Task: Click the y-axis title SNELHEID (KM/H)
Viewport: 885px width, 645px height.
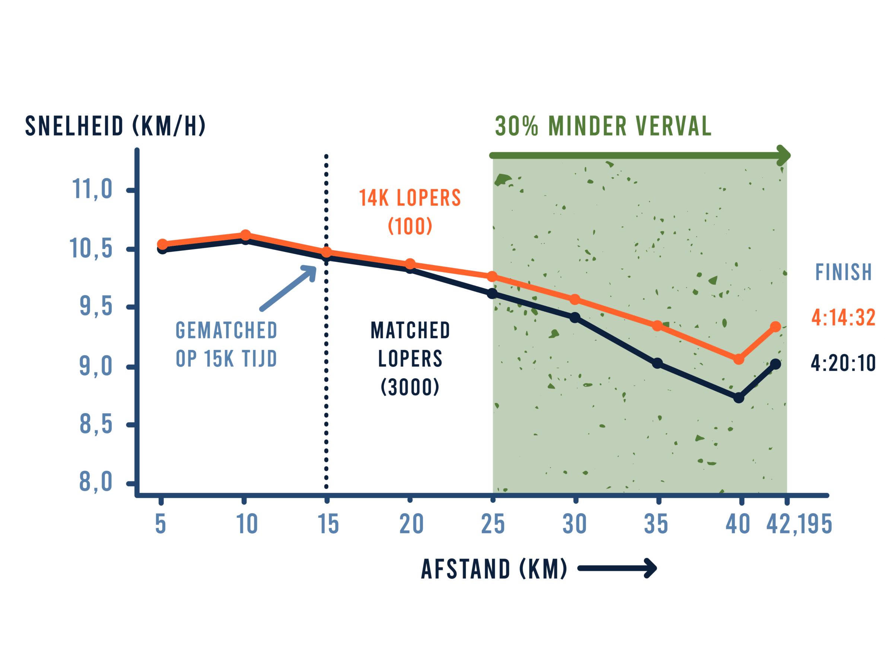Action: [x=115, y=126]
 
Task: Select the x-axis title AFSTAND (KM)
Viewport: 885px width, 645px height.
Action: [x=493, y=569]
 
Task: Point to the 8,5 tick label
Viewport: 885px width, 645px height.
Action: [x=96, y=425]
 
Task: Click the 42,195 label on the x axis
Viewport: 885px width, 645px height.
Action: [x=799, y=524]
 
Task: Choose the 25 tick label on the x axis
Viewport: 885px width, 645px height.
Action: [x=493, y=524]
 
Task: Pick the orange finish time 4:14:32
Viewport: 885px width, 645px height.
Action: [x=843, y=317]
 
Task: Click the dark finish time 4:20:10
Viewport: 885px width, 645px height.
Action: [x=843, y=363]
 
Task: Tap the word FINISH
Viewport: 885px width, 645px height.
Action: [x=843, y=272]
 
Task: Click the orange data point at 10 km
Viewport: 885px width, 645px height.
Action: [x=245, y=235]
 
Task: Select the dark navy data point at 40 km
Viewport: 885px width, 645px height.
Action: [x=739, y=398]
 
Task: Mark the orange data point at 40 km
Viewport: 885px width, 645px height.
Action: [x=739, y=359]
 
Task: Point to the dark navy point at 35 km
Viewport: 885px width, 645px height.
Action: [x=658, y=363]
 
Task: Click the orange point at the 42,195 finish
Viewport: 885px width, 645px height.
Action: [x=776, y=326]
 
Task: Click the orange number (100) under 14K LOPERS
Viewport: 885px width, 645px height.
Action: [x=410, y=226]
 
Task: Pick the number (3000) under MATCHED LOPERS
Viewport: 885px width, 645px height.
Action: [x=410, y=387]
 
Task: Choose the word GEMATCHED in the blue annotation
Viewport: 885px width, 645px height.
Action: [x=226, y=330]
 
